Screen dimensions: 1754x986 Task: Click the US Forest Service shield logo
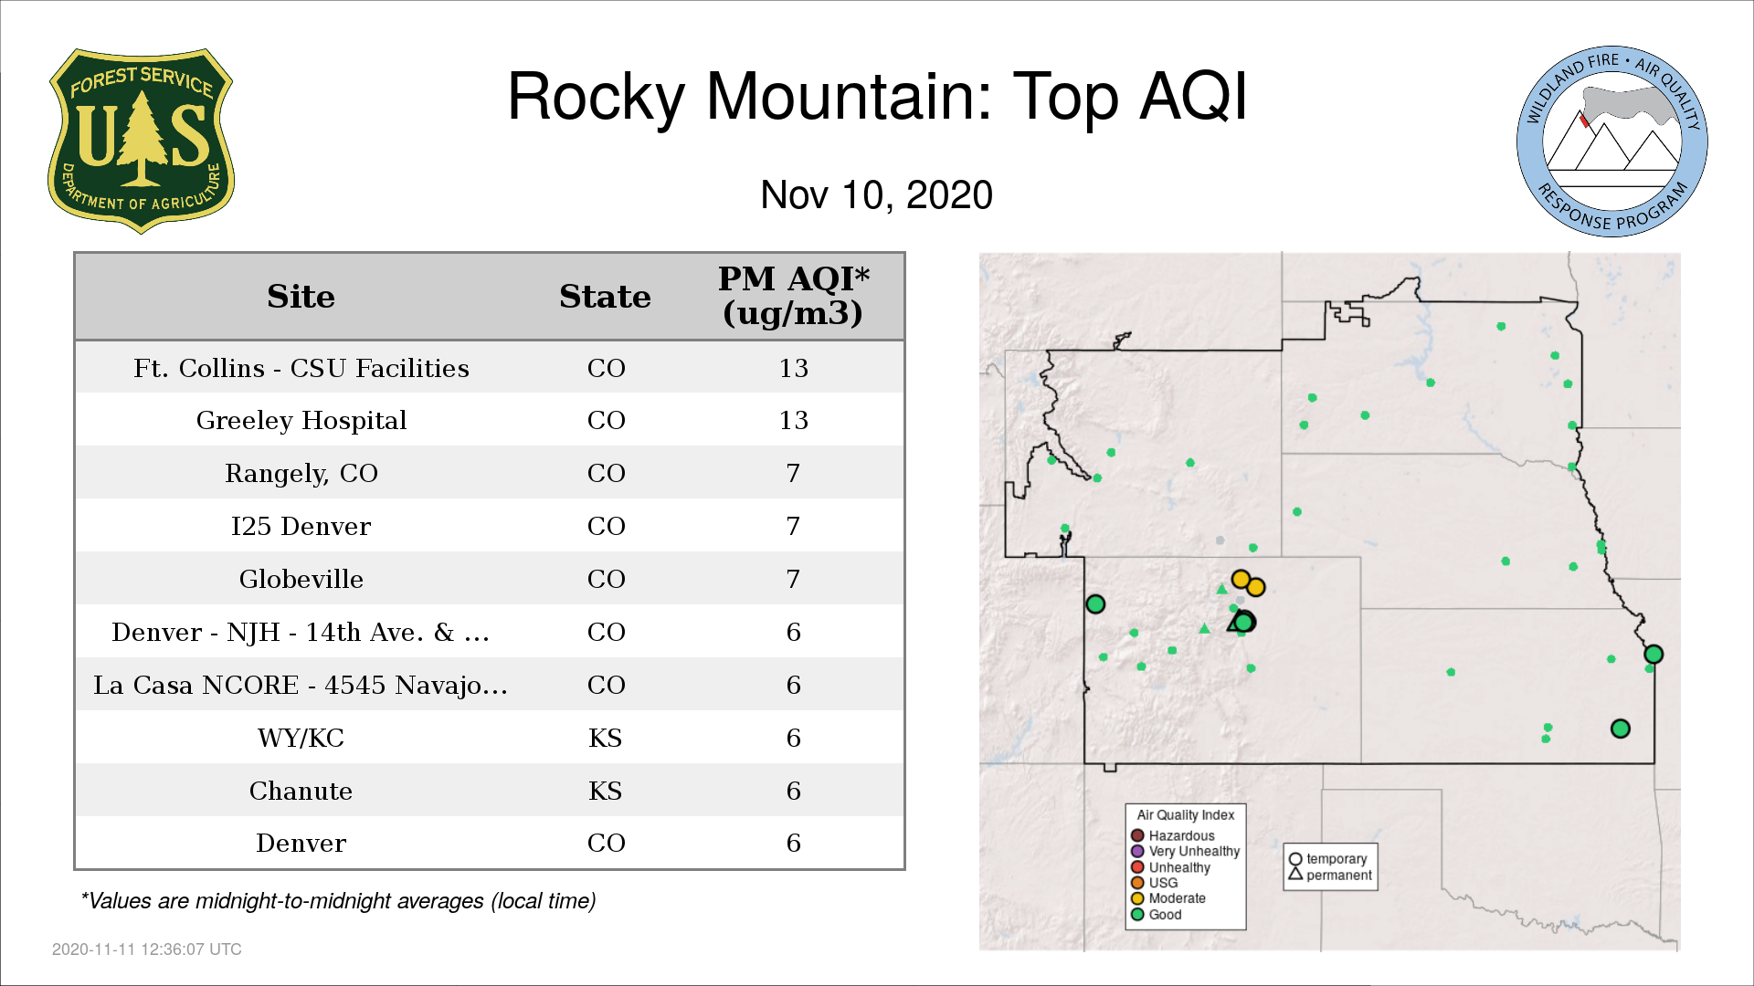(x=141, y=141)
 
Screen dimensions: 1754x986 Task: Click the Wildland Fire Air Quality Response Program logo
(x=1612, y=142)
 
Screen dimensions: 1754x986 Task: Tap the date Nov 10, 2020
(x=876, y=194)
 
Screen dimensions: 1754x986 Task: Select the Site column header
(x=301, y=297)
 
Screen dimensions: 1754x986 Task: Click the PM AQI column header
(x=793, y=296)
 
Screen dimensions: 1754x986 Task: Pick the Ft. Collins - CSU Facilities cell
(x=301, y=368)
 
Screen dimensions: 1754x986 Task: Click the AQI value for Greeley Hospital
(x=793, y=420)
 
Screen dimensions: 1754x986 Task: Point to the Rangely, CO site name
(x=301, y=473)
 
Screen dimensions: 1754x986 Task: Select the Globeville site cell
(x=301, y=579)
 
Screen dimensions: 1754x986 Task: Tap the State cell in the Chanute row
(x=605, y=791)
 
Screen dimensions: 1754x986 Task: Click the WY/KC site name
(x=301, y=738)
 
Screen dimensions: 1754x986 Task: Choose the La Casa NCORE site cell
(x=301, y=685)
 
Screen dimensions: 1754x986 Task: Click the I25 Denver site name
(x=301, y=526)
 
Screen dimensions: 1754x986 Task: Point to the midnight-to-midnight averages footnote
(x=338, y=901)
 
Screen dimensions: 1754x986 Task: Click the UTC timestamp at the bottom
(x=146, y=949)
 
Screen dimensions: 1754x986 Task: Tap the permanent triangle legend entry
(x=1330, y=875)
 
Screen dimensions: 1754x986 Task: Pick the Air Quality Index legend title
(x=1186, y=814)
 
